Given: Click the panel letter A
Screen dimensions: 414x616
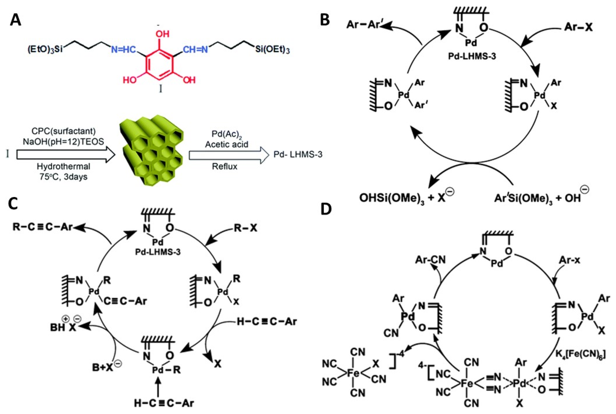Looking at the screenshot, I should coord(15,20).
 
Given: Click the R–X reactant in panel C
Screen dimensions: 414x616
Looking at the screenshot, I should coord(245,228).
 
